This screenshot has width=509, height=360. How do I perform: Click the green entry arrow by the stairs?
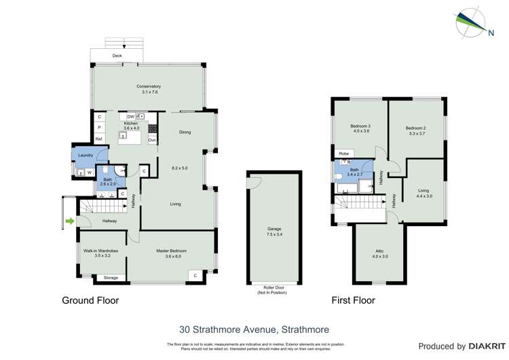(x=69, y=220)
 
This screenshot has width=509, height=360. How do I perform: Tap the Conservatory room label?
(x=148, y=86)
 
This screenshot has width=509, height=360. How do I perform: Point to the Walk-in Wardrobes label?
(x=101, y=251)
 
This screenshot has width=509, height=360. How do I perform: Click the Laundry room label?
(x=86, y=156)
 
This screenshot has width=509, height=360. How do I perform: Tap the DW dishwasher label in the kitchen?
(x=130, y=117)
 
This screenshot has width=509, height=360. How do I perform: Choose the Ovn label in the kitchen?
(x=153, y=140)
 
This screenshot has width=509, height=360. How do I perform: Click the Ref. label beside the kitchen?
(x=99, y=139)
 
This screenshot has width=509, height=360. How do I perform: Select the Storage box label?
(x=110, y=277)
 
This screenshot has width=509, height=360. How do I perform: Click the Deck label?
(x=117, y=56)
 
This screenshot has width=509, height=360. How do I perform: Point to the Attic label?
(x=379, y=252)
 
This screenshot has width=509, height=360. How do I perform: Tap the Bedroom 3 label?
(x=360, y=127)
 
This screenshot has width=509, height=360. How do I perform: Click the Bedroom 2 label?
(x=415, y=128)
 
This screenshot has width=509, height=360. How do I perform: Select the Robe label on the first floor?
(x=344, y=154)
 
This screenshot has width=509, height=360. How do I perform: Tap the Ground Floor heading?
(x=90, y=300)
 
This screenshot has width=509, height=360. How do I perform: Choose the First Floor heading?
(x=353, y=300)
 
